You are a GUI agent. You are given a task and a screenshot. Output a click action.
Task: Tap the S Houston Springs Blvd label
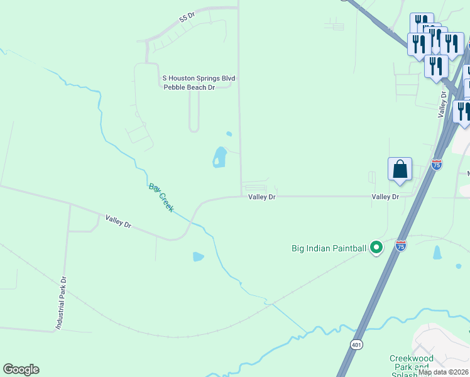tap(199, 78)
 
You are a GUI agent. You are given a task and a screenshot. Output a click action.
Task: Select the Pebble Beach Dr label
tap(189, 87)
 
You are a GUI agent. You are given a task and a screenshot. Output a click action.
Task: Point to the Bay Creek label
tap(161, 197)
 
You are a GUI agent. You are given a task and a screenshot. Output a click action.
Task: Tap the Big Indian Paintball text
tap(329, 248)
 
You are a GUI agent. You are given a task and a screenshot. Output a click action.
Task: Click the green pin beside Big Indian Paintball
tap(376, 248)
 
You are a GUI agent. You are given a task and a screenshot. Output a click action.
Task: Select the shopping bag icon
tap(400, 169)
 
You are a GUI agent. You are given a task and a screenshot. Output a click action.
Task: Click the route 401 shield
tap(356, 345)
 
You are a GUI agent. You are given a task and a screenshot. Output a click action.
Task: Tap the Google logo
tap(21, 369)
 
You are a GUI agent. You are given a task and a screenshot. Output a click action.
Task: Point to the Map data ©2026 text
tap(444, 372)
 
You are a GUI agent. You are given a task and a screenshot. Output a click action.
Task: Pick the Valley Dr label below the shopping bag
tap(385, 197)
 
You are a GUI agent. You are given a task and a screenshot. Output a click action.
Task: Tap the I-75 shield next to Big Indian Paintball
tap(401, 246)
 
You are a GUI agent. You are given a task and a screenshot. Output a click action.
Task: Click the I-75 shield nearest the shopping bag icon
tap(437, 164)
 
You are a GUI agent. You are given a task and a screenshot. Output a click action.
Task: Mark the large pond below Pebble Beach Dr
tap(219, 156)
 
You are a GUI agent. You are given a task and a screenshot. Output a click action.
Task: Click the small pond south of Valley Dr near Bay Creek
tap(199, 256)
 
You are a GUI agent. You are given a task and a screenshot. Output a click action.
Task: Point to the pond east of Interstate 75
tap(437, 253)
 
